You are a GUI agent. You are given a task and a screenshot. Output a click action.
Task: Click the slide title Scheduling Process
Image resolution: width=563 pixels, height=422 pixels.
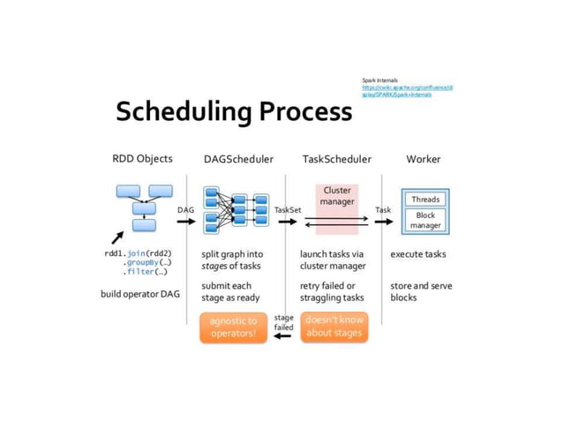click(234, 112)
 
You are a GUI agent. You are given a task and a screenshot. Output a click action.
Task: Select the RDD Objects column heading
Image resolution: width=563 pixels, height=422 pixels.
click(142, 159)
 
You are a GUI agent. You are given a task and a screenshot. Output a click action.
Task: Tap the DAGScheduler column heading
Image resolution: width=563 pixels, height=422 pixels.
click(238, 160)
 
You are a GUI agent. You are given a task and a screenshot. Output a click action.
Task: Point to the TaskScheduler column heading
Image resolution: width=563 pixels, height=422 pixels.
click(336, 160)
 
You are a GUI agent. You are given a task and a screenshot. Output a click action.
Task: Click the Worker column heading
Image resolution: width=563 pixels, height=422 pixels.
click(424, 160)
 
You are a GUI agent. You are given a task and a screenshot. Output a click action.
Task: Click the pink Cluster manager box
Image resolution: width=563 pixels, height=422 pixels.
click(337, 196)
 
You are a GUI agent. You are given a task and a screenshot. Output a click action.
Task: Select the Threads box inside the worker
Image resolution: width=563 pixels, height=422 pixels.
click(425, 200)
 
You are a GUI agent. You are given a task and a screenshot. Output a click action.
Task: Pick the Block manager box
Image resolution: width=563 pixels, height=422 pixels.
click(425, 220)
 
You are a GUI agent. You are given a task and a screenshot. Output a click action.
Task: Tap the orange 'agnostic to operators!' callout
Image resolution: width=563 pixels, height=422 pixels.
click(233, 328)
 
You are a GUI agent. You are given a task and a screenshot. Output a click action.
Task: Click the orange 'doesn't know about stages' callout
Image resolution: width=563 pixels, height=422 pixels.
click(334, 327)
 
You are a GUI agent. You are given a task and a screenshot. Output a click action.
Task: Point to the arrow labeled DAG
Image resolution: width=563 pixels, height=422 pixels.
click(185, 221)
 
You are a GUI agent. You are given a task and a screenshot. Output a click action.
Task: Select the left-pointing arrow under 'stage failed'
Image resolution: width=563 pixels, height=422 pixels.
click(283, 335)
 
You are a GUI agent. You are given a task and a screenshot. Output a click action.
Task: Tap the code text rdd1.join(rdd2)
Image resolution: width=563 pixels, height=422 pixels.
click(138, 254)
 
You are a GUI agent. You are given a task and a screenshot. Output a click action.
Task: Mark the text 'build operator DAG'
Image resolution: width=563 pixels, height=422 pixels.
click(139, 293)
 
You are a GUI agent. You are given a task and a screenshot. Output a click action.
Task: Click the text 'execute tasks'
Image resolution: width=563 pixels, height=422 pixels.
click(418, 254)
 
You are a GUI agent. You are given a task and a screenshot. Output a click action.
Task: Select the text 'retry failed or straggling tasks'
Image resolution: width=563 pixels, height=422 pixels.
click(332, 291)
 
